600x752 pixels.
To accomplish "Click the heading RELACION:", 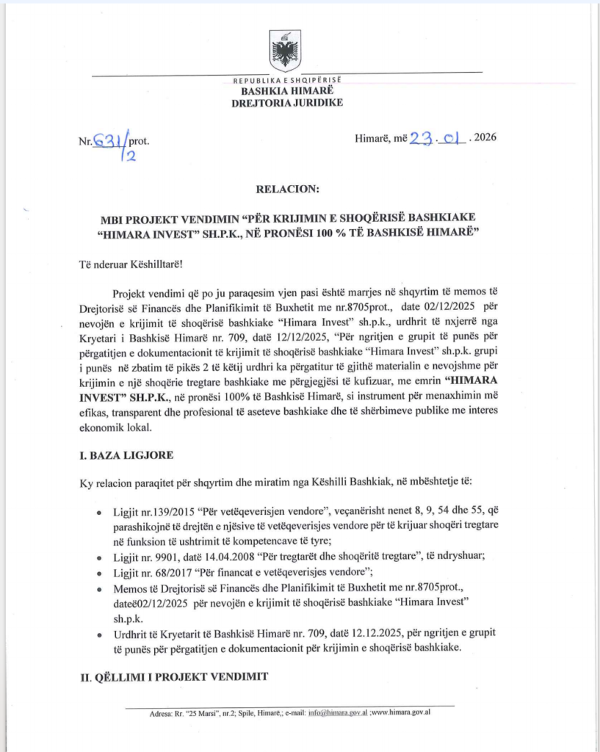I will point(288,189).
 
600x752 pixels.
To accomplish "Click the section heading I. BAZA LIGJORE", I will point(126,455).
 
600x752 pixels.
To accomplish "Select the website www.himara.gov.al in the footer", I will point(401,712).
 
